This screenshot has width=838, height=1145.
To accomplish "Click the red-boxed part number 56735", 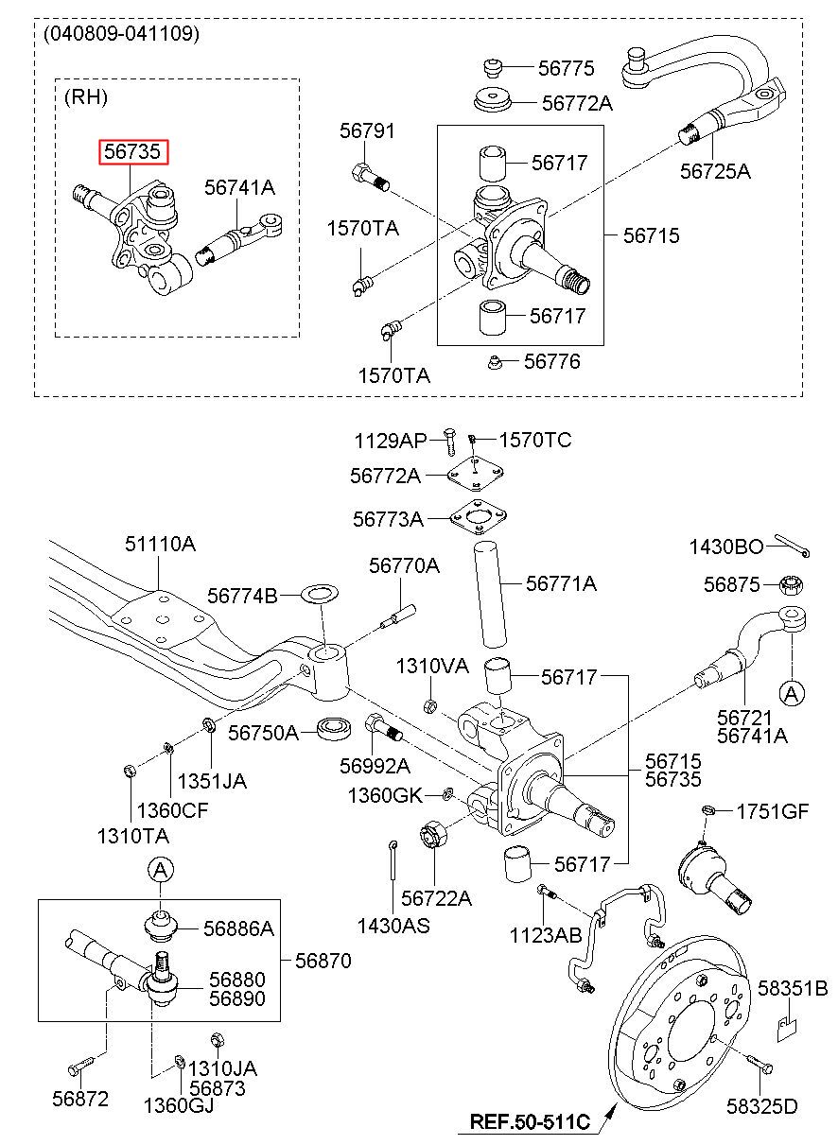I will (x=134, y=152).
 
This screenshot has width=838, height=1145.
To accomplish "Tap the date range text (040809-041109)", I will (x=121, y=34).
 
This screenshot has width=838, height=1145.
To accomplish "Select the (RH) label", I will (x=86, y=96).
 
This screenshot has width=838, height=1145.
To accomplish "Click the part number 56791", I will (x=367, y=131).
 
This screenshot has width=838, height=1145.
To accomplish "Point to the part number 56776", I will (x=552, y=362).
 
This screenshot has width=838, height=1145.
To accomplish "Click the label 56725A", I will (x=715, y=171).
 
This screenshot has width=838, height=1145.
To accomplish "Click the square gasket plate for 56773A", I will (x=475, y=518).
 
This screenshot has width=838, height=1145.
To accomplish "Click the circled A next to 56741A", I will (x=792, y=693).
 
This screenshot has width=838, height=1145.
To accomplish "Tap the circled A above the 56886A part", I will (x=161, y=868).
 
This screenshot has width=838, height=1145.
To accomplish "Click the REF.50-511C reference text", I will (x=530, y=1123).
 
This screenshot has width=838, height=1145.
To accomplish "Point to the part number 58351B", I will (x=793, y=989).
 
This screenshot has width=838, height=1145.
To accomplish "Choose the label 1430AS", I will (x=393, y=925).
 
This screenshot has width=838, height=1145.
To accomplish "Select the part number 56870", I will (x=323, y=961).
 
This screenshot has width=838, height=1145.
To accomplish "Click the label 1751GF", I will (x=773, y=810).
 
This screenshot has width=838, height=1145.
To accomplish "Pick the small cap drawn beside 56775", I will (x=492, y=66).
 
